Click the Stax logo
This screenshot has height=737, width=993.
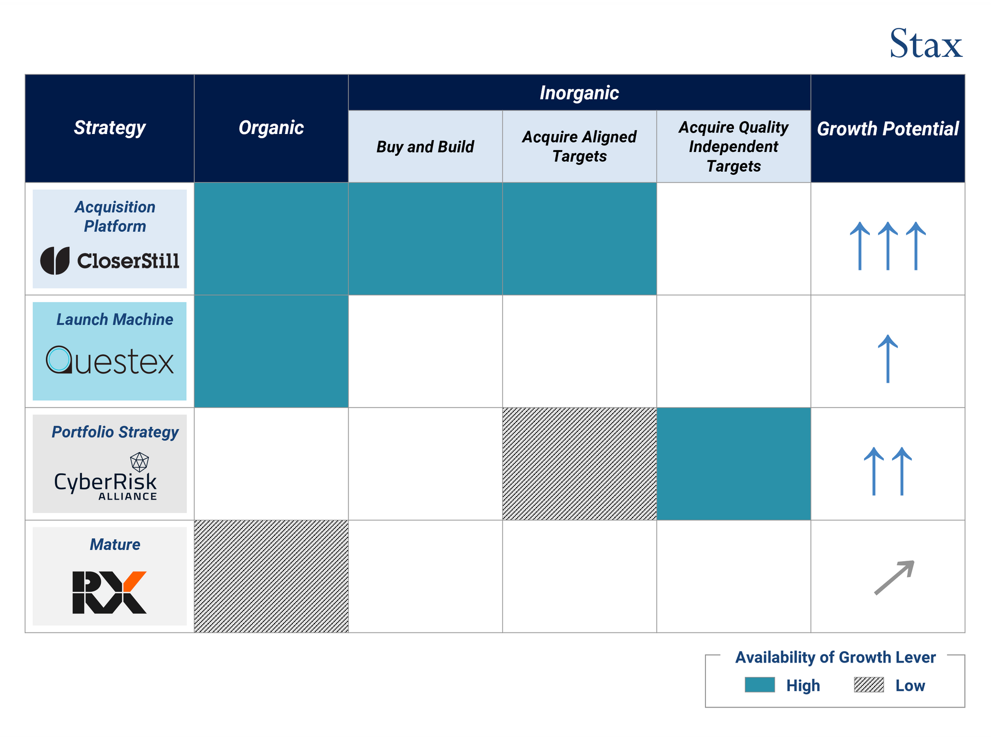[925, 43]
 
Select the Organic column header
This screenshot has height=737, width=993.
[271, 128]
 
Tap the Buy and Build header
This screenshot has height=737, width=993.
[425, 147]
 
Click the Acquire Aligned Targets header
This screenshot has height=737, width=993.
[579, 146]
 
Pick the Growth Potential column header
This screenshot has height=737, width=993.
[887, 129]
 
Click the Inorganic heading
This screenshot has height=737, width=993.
[579, 93]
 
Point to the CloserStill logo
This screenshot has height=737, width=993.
[110, 260]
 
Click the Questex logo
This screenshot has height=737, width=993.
[110, 360]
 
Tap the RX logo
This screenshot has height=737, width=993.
[110, 592]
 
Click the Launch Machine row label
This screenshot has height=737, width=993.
[114, 320]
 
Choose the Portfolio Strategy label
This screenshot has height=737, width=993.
[115, 432]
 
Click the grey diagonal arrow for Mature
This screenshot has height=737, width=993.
[894, 577]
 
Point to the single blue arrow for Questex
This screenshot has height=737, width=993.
[888, 358]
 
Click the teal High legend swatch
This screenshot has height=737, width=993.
[760, 685]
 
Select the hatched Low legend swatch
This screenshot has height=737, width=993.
[869, 685]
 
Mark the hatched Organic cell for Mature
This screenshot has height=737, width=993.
[271, 576]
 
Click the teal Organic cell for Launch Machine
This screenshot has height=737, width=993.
[271, 351]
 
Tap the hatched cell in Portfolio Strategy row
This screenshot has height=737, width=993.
[579, 464]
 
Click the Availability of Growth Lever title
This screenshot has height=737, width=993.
[835, 657]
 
